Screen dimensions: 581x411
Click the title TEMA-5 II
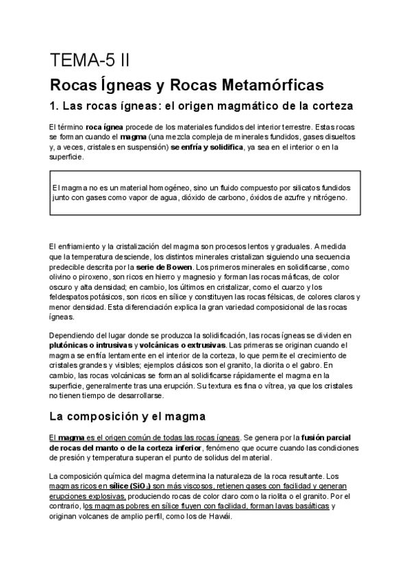tap(89, 61)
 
